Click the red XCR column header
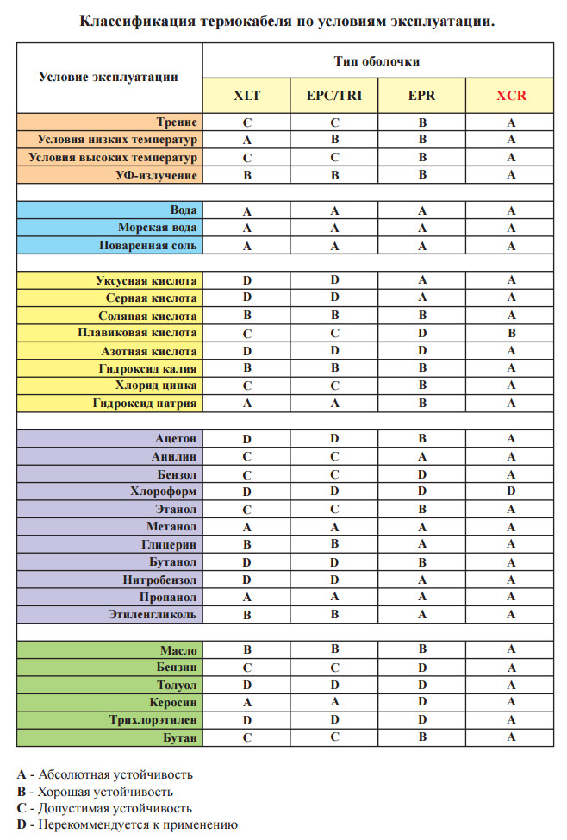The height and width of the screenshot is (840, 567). pos(510,96)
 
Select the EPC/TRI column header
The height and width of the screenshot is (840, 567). pos(334,96)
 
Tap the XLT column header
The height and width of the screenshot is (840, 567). pos(246,96)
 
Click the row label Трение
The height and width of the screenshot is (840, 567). pos(178,122)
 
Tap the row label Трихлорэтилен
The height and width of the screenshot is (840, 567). pos(153,719)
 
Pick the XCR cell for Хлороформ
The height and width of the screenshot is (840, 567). pos(510,491)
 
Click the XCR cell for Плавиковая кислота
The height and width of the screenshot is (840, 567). pos(510,333)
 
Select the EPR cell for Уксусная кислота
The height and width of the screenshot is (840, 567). pos(422,280)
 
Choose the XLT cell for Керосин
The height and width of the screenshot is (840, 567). pos(246,702)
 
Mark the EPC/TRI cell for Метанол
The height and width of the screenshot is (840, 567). pos(334,526)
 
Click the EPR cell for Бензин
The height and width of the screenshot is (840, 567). pos(422,667)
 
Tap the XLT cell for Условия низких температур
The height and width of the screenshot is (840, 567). pos(246,140)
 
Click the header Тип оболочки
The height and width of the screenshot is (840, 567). pos(377,62)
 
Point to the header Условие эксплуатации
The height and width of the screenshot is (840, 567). pos(109,77)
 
